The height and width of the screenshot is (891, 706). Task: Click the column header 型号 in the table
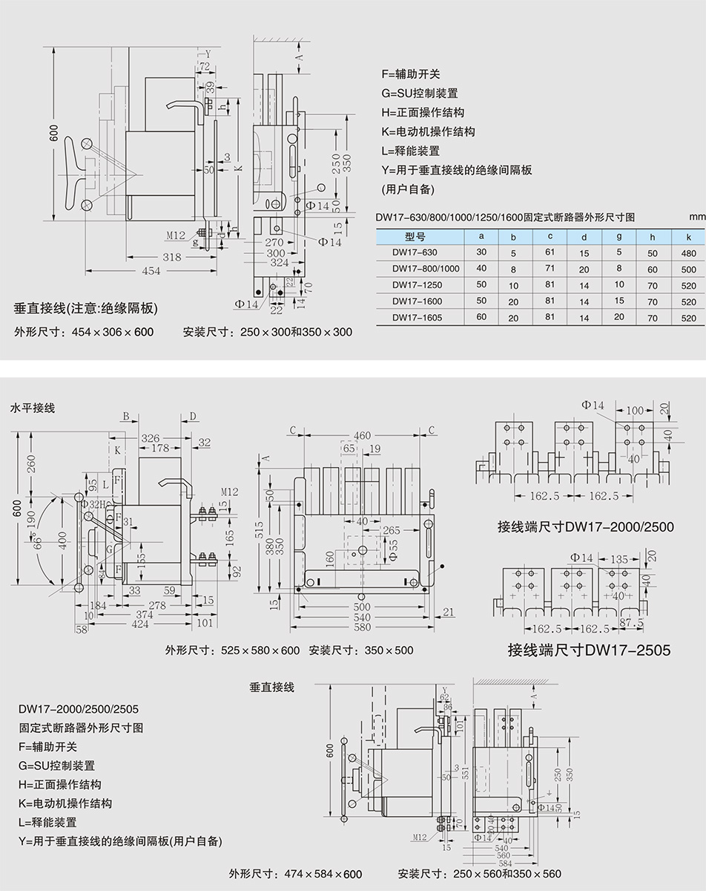(415, 237)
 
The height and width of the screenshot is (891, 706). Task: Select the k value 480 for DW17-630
(688, 252)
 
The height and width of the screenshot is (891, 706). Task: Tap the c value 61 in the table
(550, 252)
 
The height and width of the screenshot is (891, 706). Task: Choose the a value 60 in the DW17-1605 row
(481, 318)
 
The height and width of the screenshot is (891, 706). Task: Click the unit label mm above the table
(696, 218)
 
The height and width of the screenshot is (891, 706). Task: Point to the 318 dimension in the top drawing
(172, 257)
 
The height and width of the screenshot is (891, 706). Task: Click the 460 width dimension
(362, 436)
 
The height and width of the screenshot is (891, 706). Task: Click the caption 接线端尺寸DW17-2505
(589, 651)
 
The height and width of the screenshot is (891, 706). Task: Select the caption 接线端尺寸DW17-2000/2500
(586, 527)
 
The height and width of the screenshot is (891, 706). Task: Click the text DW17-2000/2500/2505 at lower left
(79, 709)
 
